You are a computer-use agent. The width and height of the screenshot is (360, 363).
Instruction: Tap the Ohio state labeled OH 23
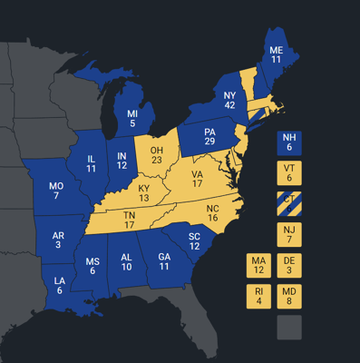tap(156, 154)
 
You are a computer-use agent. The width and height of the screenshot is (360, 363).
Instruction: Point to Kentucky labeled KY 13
tap(143, 193)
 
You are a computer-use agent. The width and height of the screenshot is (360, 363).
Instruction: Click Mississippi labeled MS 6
tap(93, 267)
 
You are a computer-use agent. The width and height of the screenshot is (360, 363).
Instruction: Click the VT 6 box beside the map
tap(290, 173)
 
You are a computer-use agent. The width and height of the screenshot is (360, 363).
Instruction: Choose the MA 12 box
tap(258, 266)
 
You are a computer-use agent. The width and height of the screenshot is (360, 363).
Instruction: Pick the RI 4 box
tap(258, 297)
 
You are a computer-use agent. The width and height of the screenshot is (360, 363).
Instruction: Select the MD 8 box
tap(290, 297)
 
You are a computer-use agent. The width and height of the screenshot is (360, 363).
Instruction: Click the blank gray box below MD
tap(290, 328)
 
